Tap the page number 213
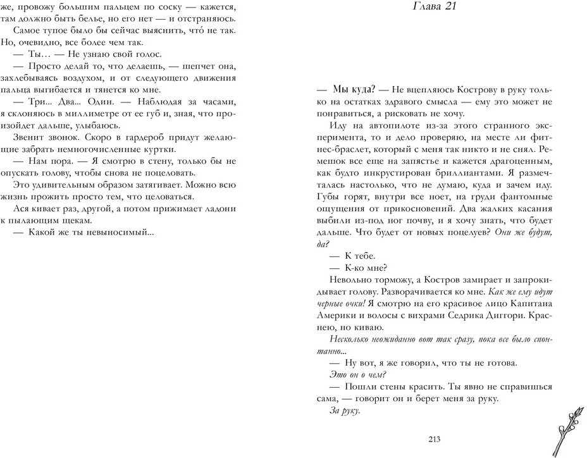point(434,441)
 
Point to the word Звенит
point(27,137)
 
